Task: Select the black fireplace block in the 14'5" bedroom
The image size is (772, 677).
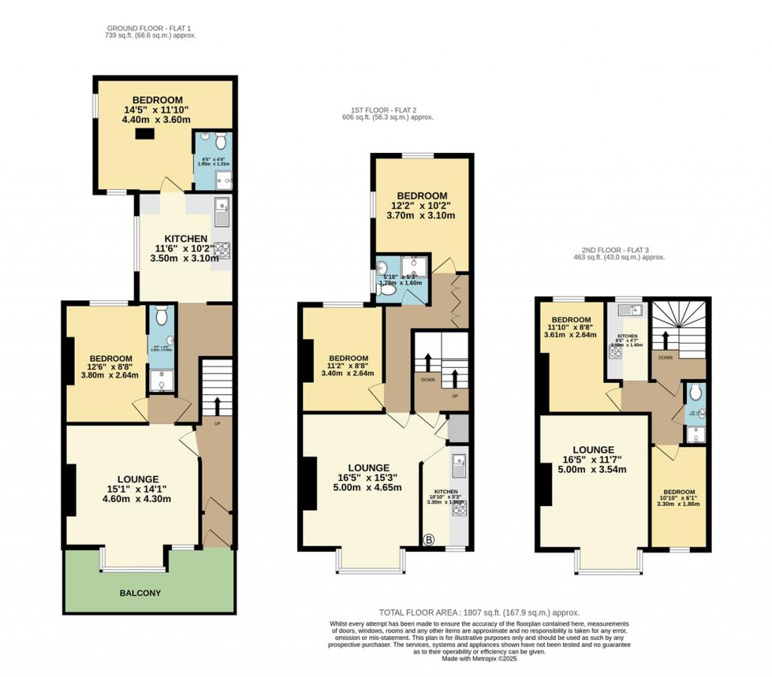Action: pyautogui.click(x=145, y=134)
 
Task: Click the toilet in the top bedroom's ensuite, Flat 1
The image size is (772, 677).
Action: pyautogui.click(x=220, y=141)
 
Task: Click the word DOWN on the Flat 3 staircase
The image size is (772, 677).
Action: pyautogui.click(x=665, y=357)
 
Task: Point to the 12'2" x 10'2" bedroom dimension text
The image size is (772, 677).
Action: pyautogui.click(x=421, y=205)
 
